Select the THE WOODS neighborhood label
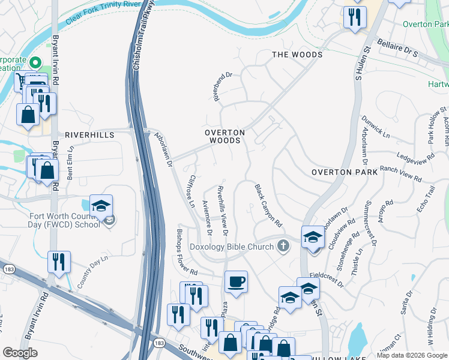click(x=297, y=55)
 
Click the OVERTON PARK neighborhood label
click(x=344, y=172)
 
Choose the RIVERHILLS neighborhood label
click(x=89, y=136)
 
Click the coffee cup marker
click(x=236, y=281)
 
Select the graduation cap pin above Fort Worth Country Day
click(x=101, y=205)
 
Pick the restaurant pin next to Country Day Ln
click(x=59, y=261)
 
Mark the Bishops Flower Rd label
click(x=186, y=251)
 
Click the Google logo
click(x=20, y=353)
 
